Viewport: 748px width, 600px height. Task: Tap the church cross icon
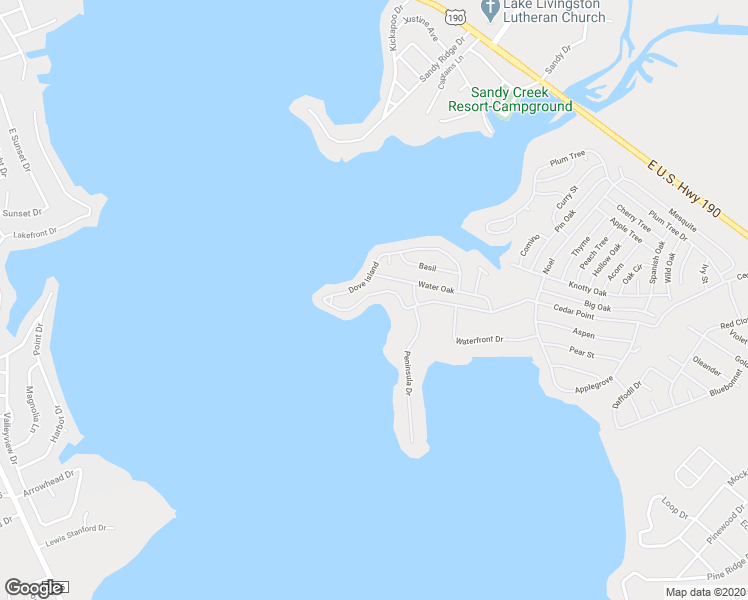(490, 9)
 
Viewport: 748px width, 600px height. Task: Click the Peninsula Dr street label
(408, 374)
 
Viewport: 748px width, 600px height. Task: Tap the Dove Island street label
(363, 278)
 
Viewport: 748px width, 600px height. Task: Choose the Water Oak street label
(436, 288)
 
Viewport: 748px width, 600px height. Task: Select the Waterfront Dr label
(480, 340)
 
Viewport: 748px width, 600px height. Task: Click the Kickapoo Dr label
(395, 28)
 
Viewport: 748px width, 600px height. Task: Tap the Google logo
(33, 588)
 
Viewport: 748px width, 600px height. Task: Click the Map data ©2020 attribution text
(706, 592)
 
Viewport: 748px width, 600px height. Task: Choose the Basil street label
(428, 267)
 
